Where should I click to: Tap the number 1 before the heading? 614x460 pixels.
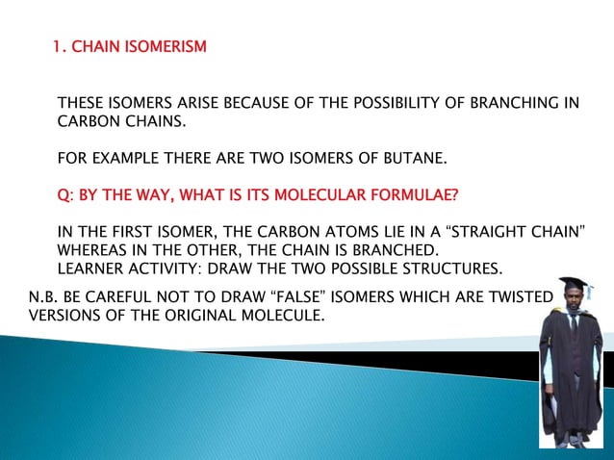tap(58, 45)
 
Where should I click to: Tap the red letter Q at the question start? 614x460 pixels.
tap(63, 196)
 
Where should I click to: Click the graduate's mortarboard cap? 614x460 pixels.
tap(572, 284)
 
